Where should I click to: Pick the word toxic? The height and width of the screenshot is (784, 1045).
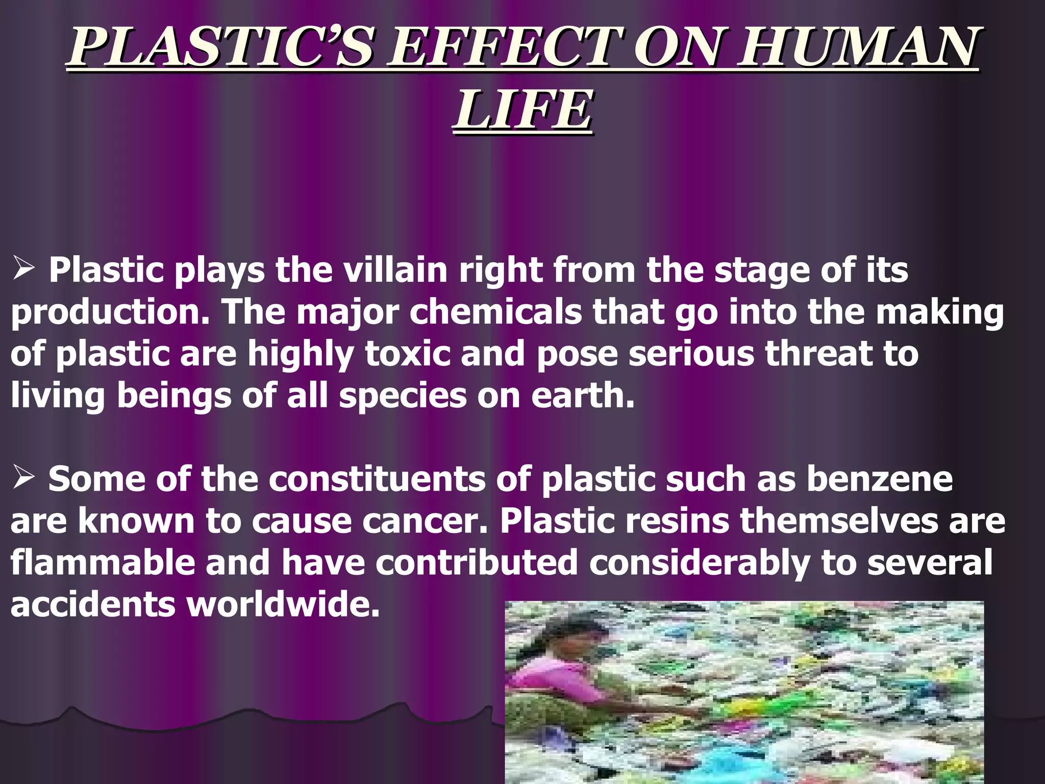[408, 353]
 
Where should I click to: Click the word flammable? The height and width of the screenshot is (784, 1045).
[103, 562]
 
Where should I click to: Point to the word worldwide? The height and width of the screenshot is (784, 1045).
[283, 604]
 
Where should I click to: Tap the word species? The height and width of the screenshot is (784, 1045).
[403, 396]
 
